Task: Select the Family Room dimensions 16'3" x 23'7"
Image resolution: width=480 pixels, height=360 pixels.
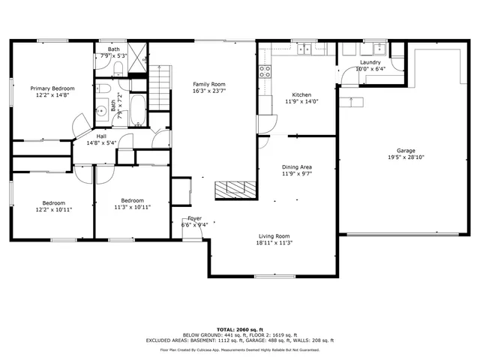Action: tap(209, 91)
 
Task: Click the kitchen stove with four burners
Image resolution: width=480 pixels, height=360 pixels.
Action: tap(265, 73)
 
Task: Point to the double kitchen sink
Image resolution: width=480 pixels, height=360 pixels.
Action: tap(304, 49)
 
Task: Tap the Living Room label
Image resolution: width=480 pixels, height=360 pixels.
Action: tap(274, 235)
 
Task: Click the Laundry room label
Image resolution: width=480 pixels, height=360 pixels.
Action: tap(370, 61)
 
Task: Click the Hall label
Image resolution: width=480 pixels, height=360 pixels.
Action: tap(101, 136)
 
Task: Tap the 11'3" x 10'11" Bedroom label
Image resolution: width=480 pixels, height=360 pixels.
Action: tap(132, 203)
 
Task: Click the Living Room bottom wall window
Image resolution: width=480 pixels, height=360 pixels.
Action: tap(270, 277)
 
